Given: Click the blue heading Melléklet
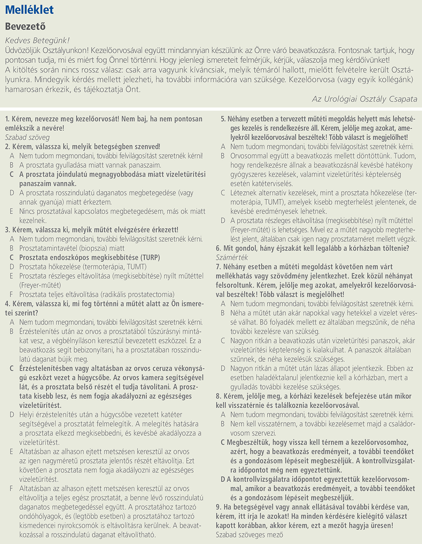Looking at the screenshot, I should point(30,10).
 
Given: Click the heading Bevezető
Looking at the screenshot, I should point(25,27).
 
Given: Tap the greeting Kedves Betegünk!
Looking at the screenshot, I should point(37,41).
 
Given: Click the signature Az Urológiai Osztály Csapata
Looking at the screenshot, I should point(364,99).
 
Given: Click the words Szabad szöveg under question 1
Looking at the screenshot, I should point(27,138).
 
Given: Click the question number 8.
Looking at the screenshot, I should point(218,396).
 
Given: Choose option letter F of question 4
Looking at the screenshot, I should point(12,489).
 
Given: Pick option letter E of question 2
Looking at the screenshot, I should point(12,211).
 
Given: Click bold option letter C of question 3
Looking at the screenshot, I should point(12,257).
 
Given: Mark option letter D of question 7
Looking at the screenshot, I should point(223,368).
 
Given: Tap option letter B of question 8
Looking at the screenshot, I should point(223,424).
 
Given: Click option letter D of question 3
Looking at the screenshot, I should point(12,267).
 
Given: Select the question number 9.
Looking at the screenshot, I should point(218,507).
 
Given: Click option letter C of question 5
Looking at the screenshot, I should point(223,193).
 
